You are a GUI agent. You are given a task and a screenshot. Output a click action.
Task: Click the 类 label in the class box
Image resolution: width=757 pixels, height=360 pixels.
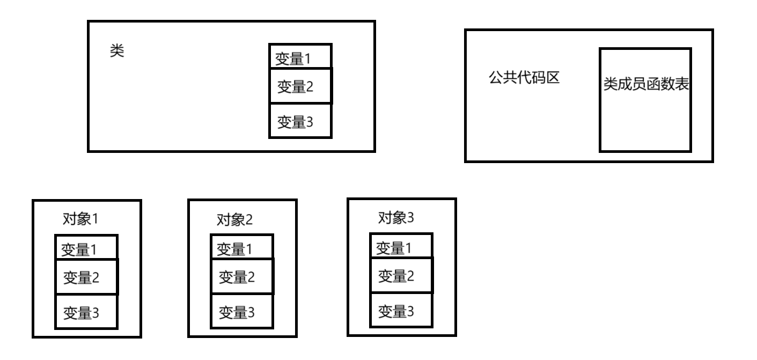coord(117,51)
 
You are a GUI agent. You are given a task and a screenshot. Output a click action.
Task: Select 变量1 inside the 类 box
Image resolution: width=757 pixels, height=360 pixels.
coord(293,58)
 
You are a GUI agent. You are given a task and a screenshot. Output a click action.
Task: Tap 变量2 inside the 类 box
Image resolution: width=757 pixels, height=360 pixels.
coord(295,86)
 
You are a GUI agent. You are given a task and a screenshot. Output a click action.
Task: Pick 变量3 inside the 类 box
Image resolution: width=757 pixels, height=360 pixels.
coord(295,122)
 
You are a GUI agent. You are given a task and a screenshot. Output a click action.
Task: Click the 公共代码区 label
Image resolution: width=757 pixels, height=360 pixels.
coord(524,78)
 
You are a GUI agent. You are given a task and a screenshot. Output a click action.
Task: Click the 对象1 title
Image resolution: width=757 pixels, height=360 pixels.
coord(80,219)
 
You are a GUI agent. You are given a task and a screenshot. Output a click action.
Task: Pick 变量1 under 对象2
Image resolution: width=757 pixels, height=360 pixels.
coord(234,249)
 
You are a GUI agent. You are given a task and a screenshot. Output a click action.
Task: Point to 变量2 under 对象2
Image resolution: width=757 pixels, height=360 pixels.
coord(236,277)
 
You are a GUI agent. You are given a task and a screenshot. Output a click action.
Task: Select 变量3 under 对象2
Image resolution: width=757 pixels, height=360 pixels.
coord(236,311)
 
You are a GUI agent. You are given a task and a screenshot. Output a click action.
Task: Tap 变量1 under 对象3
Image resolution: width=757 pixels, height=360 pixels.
coord(395,248)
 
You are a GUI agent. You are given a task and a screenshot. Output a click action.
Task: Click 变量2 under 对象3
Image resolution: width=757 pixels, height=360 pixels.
coord(396,276)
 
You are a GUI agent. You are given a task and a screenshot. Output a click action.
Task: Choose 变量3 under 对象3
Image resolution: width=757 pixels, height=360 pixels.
coord(396,311)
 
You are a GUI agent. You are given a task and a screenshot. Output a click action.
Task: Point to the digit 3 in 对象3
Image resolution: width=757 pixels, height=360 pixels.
coord(410,217)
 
